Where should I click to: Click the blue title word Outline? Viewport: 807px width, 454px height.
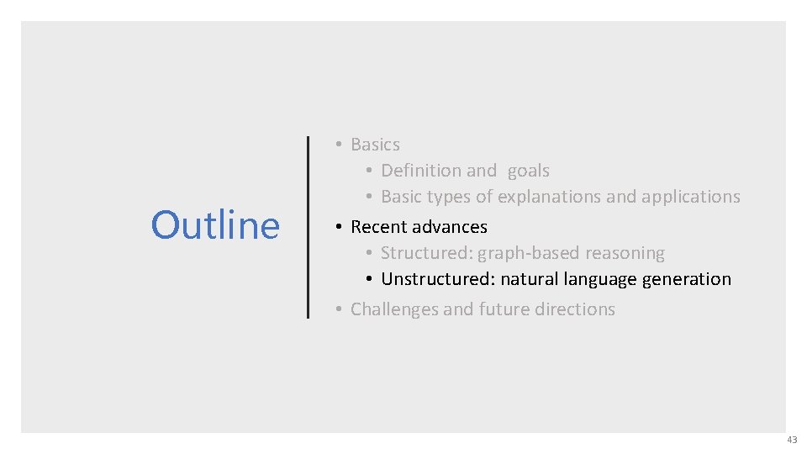click(x=215, y=225)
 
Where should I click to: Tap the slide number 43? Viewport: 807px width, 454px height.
click(x=792, y=440)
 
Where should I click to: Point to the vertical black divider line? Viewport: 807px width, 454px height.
click(x=309, y=227)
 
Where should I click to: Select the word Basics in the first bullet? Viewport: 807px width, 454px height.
click(x=375, y=145)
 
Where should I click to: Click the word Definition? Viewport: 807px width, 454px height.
click(x=421, y=171)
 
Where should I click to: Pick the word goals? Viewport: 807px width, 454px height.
click(x=528, y=172)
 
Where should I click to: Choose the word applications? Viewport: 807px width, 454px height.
click(x=690, y=197)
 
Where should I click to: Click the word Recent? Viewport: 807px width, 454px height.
click(x=378, y=227)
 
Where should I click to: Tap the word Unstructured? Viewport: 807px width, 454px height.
click(x=435, y=279)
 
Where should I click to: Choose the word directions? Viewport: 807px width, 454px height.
click(x=576, y=309)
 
